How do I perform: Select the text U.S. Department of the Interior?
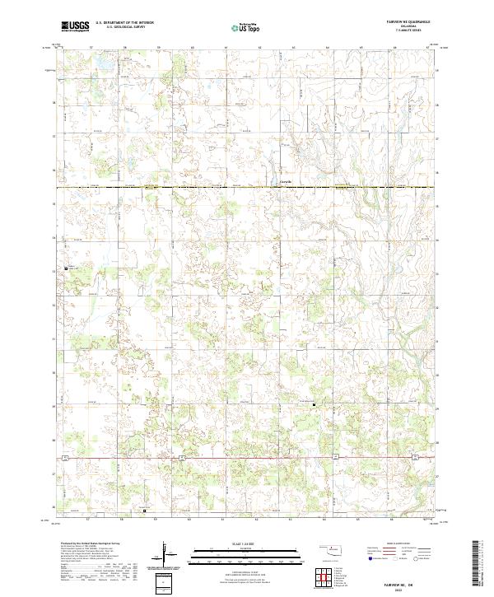pyautogui.click(x=124, y=23)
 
